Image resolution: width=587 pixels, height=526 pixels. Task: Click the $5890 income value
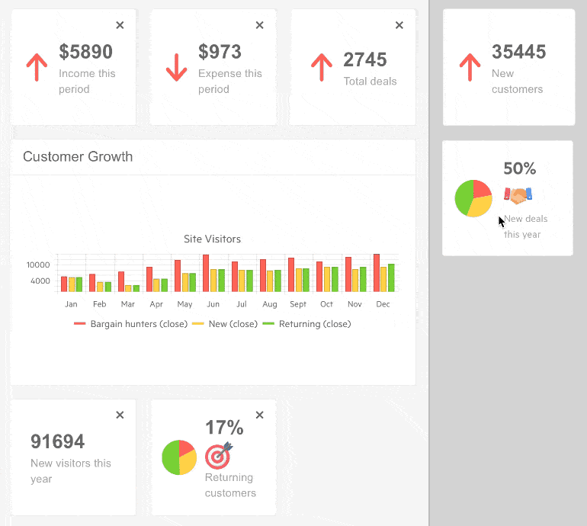(85, 52)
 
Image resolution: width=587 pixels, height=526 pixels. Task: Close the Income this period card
(120, 25)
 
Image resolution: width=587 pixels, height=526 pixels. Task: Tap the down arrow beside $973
(176, 68)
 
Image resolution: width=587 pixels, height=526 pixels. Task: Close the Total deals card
(399, 25)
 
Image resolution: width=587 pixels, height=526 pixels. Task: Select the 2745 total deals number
(365, 59)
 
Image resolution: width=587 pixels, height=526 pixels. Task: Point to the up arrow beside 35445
(470, 68)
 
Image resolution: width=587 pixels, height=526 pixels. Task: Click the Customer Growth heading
(78, 157)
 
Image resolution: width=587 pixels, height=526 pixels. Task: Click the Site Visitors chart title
(212, 239)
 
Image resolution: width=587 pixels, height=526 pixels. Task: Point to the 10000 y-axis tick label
(38, 265)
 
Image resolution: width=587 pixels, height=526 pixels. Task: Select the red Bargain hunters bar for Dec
(377, 272)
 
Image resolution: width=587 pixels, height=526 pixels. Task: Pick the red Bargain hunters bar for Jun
(206, 273)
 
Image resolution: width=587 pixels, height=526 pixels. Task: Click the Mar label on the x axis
(128, 304)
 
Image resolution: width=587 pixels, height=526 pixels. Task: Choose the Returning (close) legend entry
(307, 324)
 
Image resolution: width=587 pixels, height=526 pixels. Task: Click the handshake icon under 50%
(518, 196)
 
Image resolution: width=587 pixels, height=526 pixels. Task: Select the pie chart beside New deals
(473, 198)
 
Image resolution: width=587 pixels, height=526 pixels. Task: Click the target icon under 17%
(219, 455)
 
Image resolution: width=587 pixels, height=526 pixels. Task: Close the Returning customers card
(259, 415)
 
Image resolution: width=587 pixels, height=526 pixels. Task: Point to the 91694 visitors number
(57, 441)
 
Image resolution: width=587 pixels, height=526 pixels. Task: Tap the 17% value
(224, 428)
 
